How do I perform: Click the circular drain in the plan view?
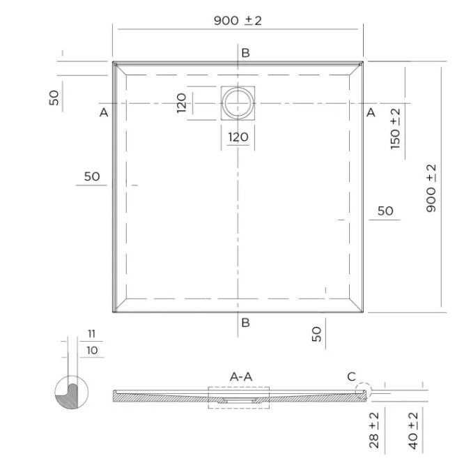pos(238,90)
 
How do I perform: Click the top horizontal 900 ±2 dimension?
pos(238,20)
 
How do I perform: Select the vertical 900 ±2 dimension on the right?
pos(431,188)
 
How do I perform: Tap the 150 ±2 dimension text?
pos(395,129)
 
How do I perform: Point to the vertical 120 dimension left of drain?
pos(181,103)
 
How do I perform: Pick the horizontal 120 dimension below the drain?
pos(238,137)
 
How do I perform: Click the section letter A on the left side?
pos(104,113)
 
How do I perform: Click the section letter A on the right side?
pos(371,112)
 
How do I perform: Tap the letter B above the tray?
pos(245,53)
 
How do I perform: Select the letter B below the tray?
pos(245,323)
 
